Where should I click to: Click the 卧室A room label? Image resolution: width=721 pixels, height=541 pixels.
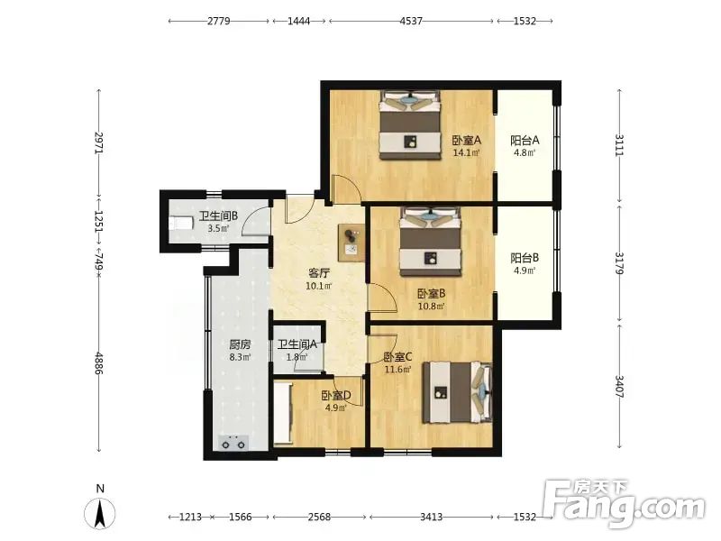click(x=466, y=140)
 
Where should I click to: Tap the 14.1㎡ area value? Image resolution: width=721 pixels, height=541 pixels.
click(x=466, y=152)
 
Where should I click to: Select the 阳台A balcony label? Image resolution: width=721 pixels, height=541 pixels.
click(x=525, y=140)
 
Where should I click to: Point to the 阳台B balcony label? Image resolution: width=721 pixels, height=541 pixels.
click(x=525, y=258)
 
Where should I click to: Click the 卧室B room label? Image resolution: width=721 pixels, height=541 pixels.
click(x=432, y=294)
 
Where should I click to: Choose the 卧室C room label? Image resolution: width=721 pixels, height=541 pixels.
click(x=397, y=356)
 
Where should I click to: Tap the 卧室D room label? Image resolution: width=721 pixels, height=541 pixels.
click(x=336, y=395)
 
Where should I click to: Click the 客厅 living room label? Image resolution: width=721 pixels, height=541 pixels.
click(x=319, y=273)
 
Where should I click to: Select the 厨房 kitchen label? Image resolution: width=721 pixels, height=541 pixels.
click(x=240, y=344)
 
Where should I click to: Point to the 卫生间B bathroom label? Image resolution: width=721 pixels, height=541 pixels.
click(x=218, y=215)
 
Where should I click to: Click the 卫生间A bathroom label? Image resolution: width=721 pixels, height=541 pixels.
click(x=297, y=344)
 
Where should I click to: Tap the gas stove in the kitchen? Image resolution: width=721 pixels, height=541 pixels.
click(x=233, y=443)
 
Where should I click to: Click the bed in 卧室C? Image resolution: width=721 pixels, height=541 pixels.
click(x=458, y=392)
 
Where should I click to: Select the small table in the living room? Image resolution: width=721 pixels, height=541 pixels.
click(x=351, y=243)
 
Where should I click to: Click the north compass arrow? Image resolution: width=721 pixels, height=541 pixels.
click(x=100, y=513)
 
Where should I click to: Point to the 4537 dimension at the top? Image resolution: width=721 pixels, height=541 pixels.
click(x=411, y=21)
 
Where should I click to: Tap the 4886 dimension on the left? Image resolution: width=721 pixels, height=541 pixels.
click(x=98, y=363)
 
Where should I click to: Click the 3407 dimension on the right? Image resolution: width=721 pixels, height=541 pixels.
click(x=619, y=387)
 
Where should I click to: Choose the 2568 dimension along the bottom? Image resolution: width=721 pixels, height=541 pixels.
click(x=319, y=517)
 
